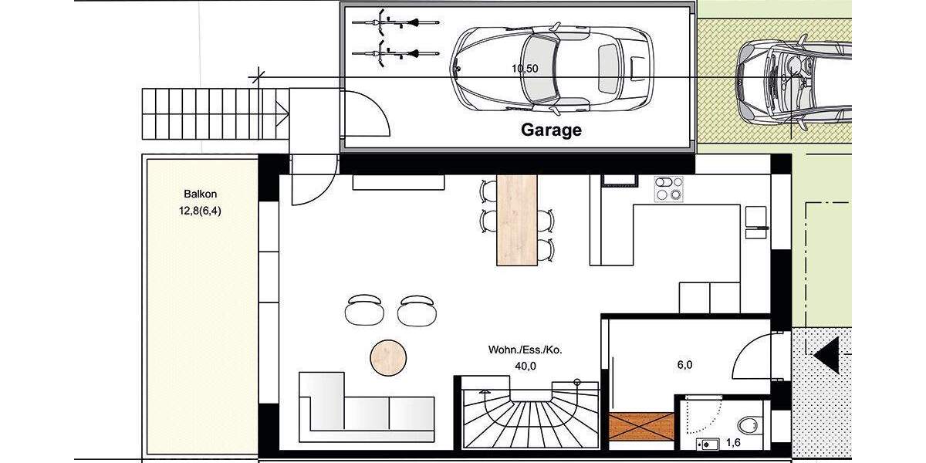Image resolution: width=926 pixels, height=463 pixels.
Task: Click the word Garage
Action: click(x=551, y=130)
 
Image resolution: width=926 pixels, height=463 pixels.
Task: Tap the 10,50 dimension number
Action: click(x=525, y=69)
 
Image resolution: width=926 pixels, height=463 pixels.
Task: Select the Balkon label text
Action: click(x=198, y=194)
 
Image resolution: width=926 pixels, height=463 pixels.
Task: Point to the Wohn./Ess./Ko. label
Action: click(x=526, y=350)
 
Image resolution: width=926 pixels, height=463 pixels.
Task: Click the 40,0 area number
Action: click(x=525, y=366)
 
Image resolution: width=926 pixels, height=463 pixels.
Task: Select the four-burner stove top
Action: click(x=668, y=189)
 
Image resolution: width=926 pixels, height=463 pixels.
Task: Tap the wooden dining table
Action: click(x=517, y=220)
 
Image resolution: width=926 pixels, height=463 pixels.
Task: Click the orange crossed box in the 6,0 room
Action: click(x=641, y=427)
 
